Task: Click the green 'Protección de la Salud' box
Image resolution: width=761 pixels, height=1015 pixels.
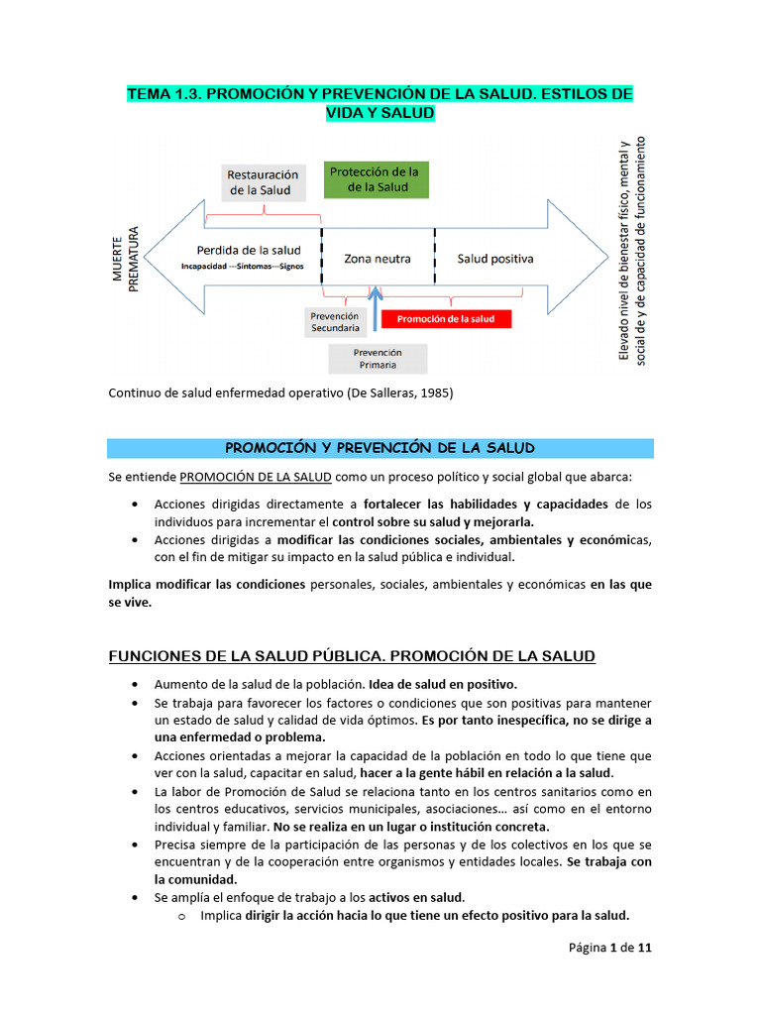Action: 375,179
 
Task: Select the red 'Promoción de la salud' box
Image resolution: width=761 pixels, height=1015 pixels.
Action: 445,319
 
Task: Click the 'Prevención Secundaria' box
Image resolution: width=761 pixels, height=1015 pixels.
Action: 335,321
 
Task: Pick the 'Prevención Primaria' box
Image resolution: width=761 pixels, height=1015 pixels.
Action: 378,358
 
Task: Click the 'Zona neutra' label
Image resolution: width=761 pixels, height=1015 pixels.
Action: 377,259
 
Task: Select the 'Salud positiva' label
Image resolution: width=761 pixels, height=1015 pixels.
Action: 495,259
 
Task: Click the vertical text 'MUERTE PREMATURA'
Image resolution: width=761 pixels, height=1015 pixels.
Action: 125,258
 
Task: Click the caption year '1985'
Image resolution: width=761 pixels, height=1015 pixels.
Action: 432,394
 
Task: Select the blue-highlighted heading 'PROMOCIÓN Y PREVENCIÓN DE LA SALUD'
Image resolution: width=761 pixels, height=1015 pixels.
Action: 380,448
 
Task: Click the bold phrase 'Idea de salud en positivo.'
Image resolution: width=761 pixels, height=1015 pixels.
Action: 443,685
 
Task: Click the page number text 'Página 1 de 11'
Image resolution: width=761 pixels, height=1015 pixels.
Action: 609,948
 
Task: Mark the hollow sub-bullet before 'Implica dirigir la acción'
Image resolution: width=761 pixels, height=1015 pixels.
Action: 181,916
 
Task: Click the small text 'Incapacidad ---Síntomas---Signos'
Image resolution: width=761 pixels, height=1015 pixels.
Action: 242,267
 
